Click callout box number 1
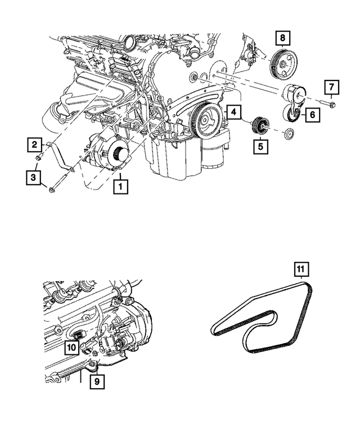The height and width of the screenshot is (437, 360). [x=120, y=184]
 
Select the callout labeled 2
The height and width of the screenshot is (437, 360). [x=35, y=145]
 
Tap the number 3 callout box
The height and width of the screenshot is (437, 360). [x=35, y=178]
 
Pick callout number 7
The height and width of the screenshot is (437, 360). [x=331, y=87]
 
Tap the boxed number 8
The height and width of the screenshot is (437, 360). [x=283, y=38]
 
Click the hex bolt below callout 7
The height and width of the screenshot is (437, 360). [x=328, y=105]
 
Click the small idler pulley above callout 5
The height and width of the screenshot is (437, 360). [x=260, y=125]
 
